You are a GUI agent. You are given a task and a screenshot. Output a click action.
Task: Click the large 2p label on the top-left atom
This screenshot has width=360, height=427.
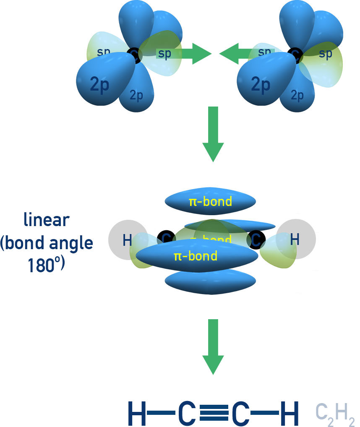coord(99,85)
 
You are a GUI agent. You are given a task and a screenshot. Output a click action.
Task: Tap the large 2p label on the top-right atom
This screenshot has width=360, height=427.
coord(261,85)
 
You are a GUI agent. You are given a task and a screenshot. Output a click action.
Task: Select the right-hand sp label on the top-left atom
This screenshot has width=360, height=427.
coord(164,54)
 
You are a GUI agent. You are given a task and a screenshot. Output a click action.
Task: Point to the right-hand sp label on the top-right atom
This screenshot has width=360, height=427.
coord(326,54)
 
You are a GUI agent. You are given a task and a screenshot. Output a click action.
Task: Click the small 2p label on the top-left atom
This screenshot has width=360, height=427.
coord(136,95)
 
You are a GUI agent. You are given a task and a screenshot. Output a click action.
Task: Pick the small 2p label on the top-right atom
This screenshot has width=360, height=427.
coord(297,95)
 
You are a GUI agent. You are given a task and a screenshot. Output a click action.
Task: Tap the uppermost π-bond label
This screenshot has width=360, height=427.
coord(210,202)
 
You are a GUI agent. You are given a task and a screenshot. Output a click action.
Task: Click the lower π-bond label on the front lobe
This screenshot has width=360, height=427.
coord(196,256)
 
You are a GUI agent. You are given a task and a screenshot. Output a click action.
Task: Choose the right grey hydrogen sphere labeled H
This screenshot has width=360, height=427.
coord(296,239)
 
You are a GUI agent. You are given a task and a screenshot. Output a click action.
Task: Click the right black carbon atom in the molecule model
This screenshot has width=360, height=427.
coord(256,240)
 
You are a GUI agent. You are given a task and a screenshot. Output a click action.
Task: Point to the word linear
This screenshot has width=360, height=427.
coord(47,220)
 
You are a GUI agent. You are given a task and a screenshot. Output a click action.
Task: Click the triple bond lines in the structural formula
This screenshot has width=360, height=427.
coord(214,414)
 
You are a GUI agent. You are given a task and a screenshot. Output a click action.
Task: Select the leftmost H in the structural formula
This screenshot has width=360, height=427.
coord(137,414)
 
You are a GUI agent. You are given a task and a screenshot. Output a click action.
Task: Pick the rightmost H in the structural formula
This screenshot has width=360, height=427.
coord(289,414)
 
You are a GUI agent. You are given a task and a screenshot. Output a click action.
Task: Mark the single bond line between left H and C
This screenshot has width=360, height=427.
coord(161,414)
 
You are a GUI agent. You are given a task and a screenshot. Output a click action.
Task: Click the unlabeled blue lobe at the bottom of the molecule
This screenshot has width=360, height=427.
coord(210,282)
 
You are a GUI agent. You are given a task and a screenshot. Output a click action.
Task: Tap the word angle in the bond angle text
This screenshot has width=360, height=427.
coord(71,243)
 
